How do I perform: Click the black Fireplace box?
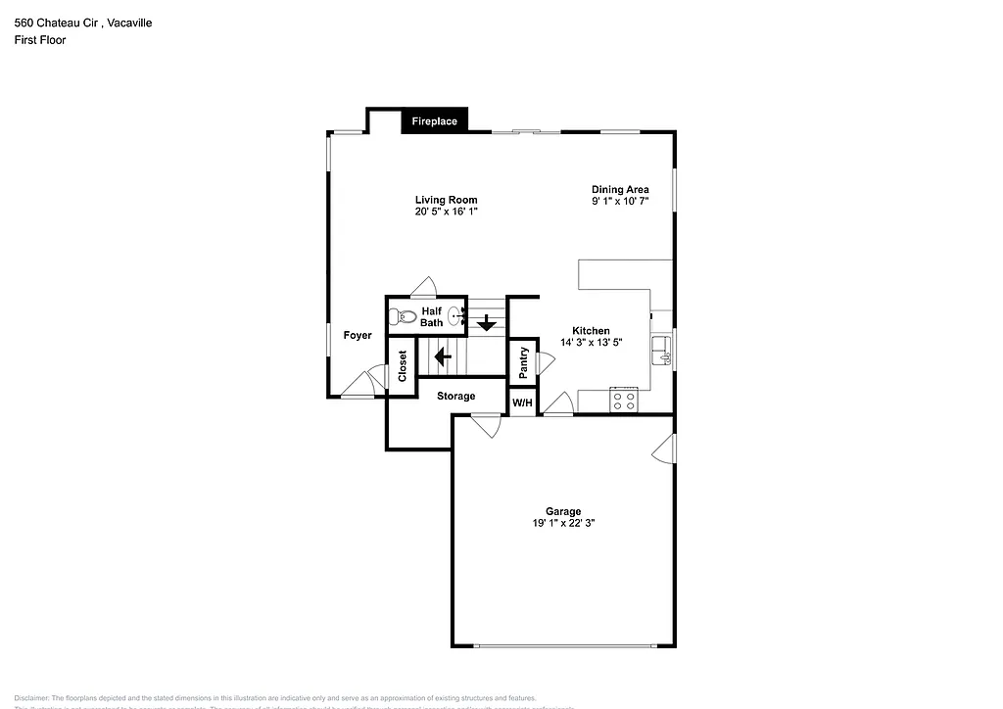(x=435, y=121)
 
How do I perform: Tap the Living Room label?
(x=446, y=200)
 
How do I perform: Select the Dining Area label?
(x=620, y=189)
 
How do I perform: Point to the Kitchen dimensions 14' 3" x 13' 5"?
(x=591, y=343)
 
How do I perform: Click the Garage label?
(x=563, y=511)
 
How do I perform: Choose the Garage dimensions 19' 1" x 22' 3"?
(x=563, y=524)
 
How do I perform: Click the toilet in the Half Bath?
(x=400, y=317)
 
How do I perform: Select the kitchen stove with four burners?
(x=624, y=400)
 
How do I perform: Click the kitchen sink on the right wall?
(x=663, y=350)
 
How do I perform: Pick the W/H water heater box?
(x=522, y=403)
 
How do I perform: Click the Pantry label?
(x=523, y=361)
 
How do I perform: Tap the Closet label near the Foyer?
(x=402, y=365)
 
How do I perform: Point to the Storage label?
(x=455, y=396)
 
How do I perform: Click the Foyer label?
(x=358, y=335)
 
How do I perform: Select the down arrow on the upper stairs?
(x=486, y=322)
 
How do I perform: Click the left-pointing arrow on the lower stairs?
(x=443, y=355)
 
